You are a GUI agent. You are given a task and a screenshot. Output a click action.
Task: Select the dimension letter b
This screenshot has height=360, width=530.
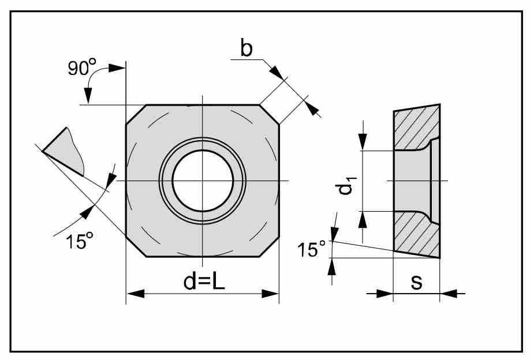247,50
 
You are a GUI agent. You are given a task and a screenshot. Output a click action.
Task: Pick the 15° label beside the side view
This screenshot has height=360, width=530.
312,249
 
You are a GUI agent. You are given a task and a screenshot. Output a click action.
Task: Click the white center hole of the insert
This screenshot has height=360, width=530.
202,181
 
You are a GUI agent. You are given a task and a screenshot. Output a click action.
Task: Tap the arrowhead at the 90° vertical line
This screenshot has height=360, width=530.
118,68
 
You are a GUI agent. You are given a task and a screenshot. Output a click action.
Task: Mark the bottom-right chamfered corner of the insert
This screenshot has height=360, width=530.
269,246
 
